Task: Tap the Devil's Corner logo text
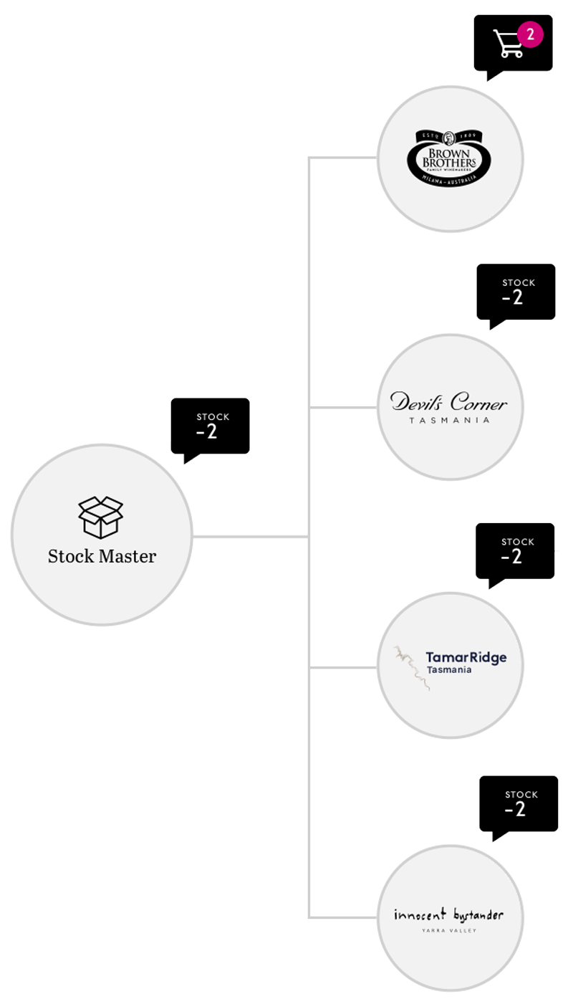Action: (x=449, y=403)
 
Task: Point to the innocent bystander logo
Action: (x=449, y=914)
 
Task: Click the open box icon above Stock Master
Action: (x=100, y=517)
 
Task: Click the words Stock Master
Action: (x=102, y=556)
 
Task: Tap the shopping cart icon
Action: (x=508, y=44)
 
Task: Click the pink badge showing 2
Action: (x=530, y=33)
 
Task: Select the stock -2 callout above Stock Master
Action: (x=210, y=426)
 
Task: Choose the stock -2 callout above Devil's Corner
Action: (x=516, y=291)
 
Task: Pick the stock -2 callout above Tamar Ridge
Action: (x=515, y=550)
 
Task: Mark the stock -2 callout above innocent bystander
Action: (x=519, y=803)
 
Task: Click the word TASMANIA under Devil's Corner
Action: (x=449, y=420)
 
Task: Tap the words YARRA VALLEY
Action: (x=449, y=931)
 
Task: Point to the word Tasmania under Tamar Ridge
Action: (x=449, y=670)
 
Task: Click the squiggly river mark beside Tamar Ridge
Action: (x=410, y=666)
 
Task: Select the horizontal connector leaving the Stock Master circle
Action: (x=251, y=535)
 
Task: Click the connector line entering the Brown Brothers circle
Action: (x=344, y=158)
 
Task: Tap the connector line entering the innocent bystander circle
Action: (x=344, y=917)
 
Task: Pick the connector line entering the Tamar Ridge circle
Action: (x=344, y=667)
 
